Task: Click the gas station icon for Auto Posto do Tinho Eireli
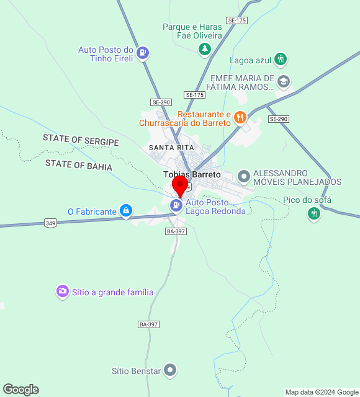[143, 52]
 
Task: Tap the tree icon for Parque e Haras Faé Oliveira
[204, 48]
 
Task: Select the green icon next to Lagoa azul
[281, 60]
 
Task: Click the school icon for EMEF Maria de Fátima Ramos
[284, 81]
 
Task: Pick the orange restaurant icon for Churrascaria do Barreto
[240, 117]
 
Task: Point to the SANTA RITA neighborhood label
[171, 147]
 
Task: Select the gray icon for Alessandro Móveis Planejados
[244, 177]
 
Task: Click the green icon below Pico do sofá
[314, 214]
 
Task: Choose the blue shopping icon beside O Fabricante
[127, 211]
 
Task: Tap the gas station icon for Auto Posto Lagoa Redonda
[177, 205]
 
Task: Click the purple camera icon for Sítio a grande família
[62, 290]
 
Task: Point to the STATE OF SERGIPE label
[81, 140]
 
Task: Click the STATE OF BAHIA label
[79, 166]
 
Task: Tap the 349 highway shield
[51, 223]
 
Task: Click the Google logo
[20, 390]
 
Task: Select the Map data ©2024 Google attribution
[322, 392]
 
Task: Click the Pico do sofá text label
[307, 200]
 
